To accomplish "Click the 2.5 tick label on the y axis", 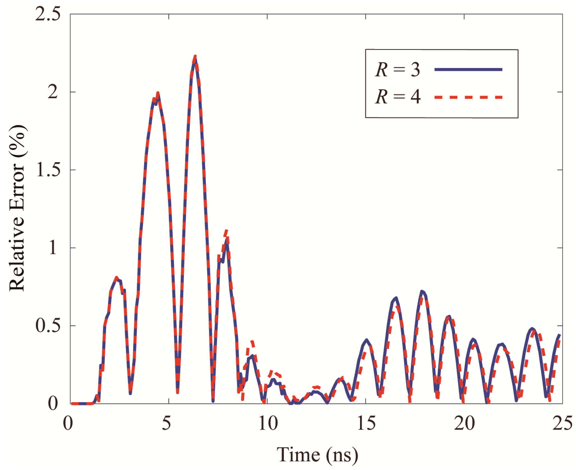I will point(48,14).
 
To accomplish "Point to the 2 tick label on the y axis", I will point(53,92).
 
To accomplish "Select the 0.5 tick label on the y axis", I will point(48,325).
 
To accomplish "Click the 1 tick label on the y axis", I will point(53,248).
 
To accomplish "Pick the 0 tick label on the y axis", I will point(53,403).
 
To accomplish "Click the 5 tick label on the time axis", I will point(166,423).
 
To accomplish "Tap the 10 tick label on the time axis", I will point(268,423).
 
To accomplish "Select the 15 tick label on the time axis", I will point(366,423).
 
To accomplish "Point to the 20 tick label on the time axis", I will point(464,423).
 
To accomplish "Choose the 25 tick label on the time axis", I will point(562,423).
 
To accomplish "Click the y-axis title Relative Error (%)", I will point(17,208).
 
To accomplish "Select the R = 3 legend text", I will point(398,70).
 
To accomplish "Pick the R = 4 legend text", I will point(398,97).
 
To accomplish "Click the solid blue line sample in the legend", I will point(468,69).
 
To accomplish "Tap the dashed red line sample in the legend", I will point(468,97).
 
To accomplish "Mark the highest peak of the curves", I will point(195,57).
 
